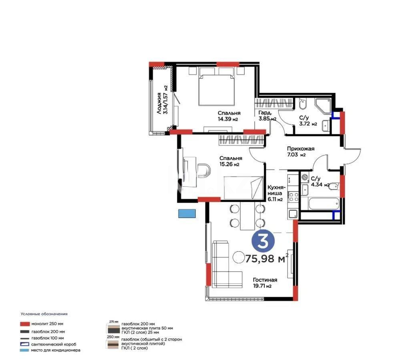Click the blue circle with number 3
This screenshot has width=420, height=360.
pos(263,241)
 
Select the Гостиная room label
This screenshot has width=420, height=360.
pos(265,280)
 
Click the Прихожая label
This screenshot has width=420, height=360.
pos(300,148)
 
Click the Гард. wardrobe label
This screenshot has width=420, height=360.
pos(265,113)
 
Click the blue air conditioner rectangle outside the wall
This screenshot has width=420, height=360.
pos(187,213)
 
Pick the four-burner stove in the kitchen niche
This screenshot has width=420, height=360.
pos(293,197)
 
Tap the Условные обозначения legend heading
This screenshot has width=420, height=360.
pos(44,314)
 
